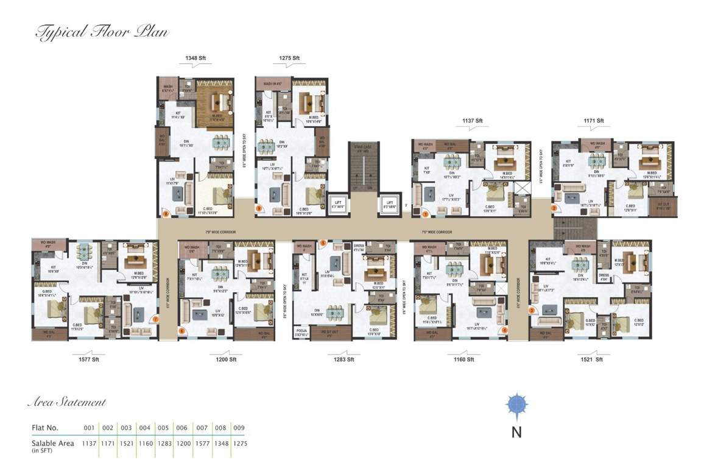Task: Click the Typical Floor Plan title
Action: coord(102,32)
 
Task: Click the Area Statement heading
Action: coord(67,402)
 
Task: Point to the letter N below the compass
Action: coord(516,433)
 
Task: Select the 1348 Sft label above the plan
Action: coord(195,58)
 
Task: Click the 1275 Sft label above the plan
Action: coord(290,58)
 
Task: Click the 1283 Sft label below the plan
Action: coord(343,360)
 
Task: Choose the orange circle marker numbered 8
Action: coord(164,213)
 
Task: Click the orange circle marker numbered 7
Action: coord(156,319)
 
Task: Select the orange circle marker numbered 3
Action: coord(531,310)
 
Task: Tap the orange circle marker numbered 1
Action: coord(425,213)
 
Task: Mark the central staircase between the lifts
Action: coord(363,167)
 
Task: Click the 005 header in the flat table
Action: coord(164,428)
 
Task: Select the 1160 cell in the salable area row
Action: coord(145,444)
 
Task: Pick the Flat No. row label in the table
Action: coord(46,428)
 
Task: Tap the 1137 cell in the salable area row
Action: coord(90,444)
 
